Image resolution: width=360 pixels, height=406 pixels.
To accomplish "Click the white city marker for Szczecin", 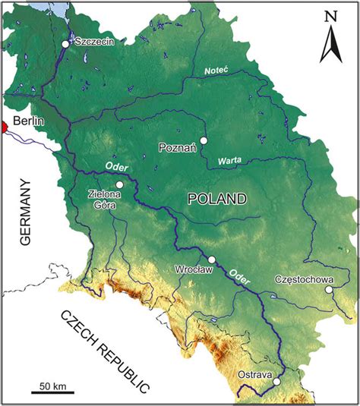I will [65, 45].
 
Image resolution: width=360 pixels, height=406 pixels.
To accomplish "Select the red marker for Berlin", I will [3, 127].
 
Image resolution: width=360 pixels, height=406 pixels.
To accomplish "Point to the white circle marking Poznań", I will [203, 140].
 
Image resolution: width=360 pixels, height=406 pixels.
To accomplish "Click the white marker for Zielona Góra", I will [119, 184].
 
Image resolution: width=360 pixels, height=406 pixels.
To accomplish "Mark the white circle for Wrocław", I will [213, 260].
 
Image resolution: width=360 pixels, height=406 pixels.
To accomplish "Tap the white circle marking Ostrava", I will [277, 382].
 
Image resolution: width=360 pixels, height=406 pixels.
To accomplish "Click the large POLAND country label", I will [217, 199].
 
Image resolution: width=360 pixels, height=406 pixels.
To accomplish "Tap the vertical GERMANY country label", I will [26, 212].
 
